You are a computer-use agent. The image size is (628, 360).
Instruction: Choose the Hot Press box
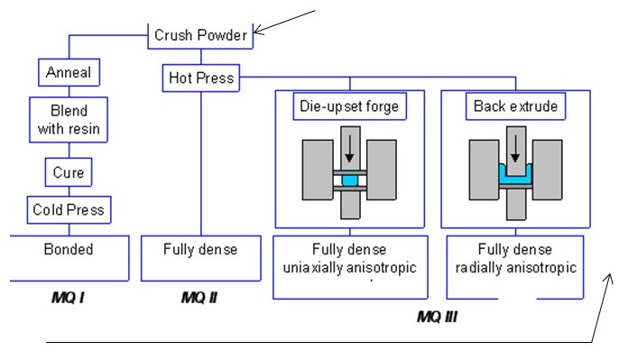(x=200, y=78)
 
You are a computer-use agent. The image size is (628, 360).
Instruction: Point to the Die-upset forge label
(x=348, y=107)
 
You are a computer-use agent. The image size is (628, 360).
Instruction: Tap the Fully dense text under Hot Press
(x=199, y=249)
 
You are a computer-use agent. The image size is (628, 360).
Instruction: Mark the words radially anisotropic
(x=513, y=267)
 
